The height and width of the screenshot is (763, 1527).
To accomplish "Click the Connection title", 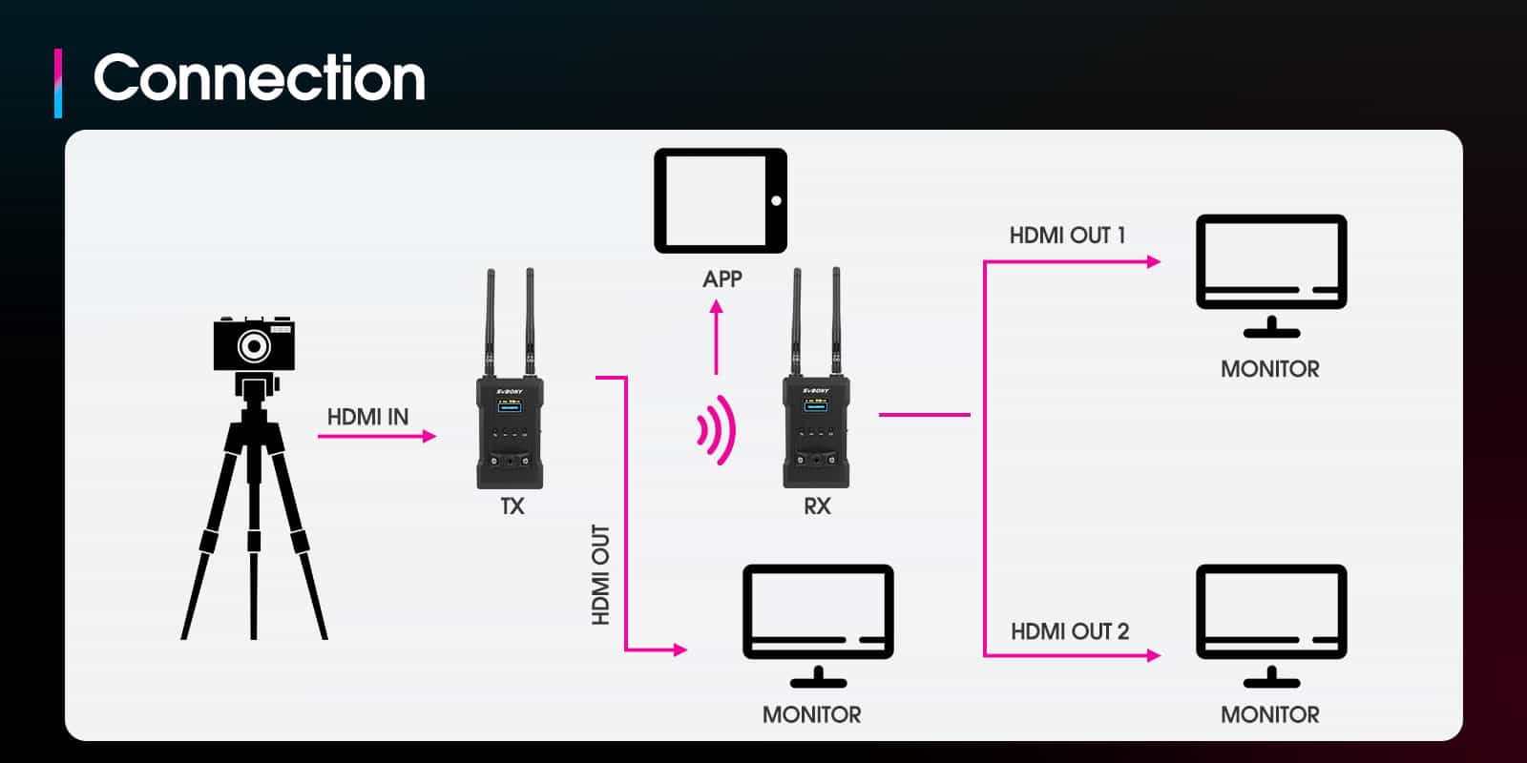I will pos(259,78).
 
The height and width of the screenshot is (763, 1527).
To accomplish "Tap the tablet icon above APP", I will pos(721,200).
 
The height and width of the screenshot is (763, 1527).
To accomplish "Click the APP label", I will pos(722,278).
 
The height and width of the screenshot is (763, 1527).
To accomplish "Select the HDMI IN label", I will pos(367,417).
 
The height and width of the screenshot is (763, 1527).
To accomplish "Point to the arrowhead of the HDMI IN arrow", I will pos(429,436).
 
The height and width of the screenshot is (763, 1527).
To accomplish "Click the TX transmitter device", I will pos(511,429).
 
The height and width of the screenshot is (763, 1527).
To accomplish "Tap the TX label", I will pos(512,506).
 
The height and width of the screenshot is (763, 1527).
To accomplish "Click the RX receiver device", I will pos(816,429).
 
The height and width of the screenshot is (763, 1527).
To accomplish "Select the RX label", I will pos(817,506).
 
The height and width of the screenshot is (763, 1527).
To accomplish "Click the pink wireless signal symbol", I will pos(717,429).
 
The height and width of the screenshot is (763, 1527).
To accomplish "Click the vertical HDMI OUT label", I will pos(600,574).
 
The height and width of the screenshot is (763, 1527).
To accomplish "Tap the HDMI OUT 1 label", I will pos(1067,236).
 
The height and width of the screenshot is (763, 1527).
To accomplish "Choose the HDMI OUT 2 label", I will pos(1069,631).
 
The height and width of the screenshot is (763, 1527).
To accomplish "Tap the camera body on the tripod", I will pos(254,344).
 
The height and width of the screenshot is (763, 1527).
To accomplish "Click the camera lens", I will pos(253,345).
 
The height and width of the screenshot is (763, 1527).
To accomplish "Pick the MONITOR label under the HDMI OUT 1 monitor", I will pos(1269,369).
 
